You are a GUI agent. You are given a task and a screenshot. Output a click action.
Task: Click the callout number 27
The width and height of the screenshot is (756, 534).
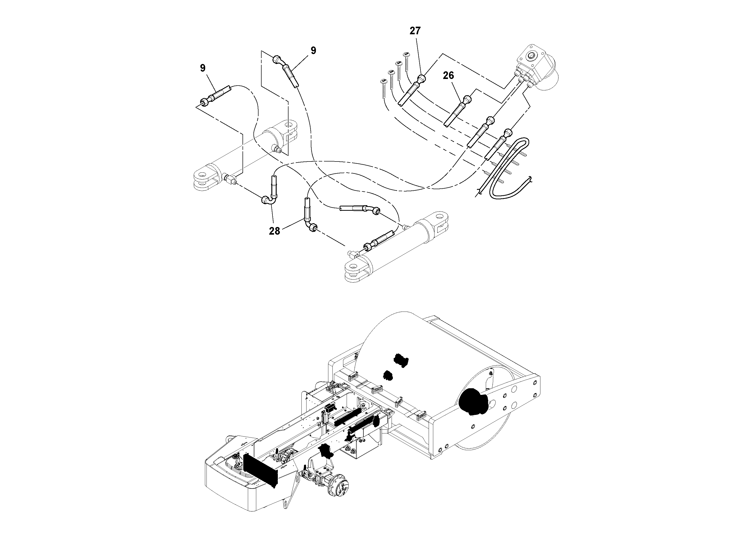(415, 31)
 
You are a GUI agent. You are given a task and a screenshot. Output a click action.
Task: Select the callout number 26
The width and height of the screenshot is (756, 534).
(448, 76)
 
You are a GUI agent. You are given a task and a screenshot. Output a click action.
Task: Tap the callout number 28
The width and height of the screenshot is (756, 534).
(274, 231)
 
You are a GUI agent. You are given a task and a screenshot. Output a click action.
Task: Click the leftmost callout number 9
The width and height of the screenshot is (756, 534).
(202, 68)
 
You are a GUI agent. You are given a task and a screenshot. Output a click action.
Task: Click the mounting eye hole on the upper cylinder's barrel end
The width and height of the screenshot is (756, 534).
(289, 125)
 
